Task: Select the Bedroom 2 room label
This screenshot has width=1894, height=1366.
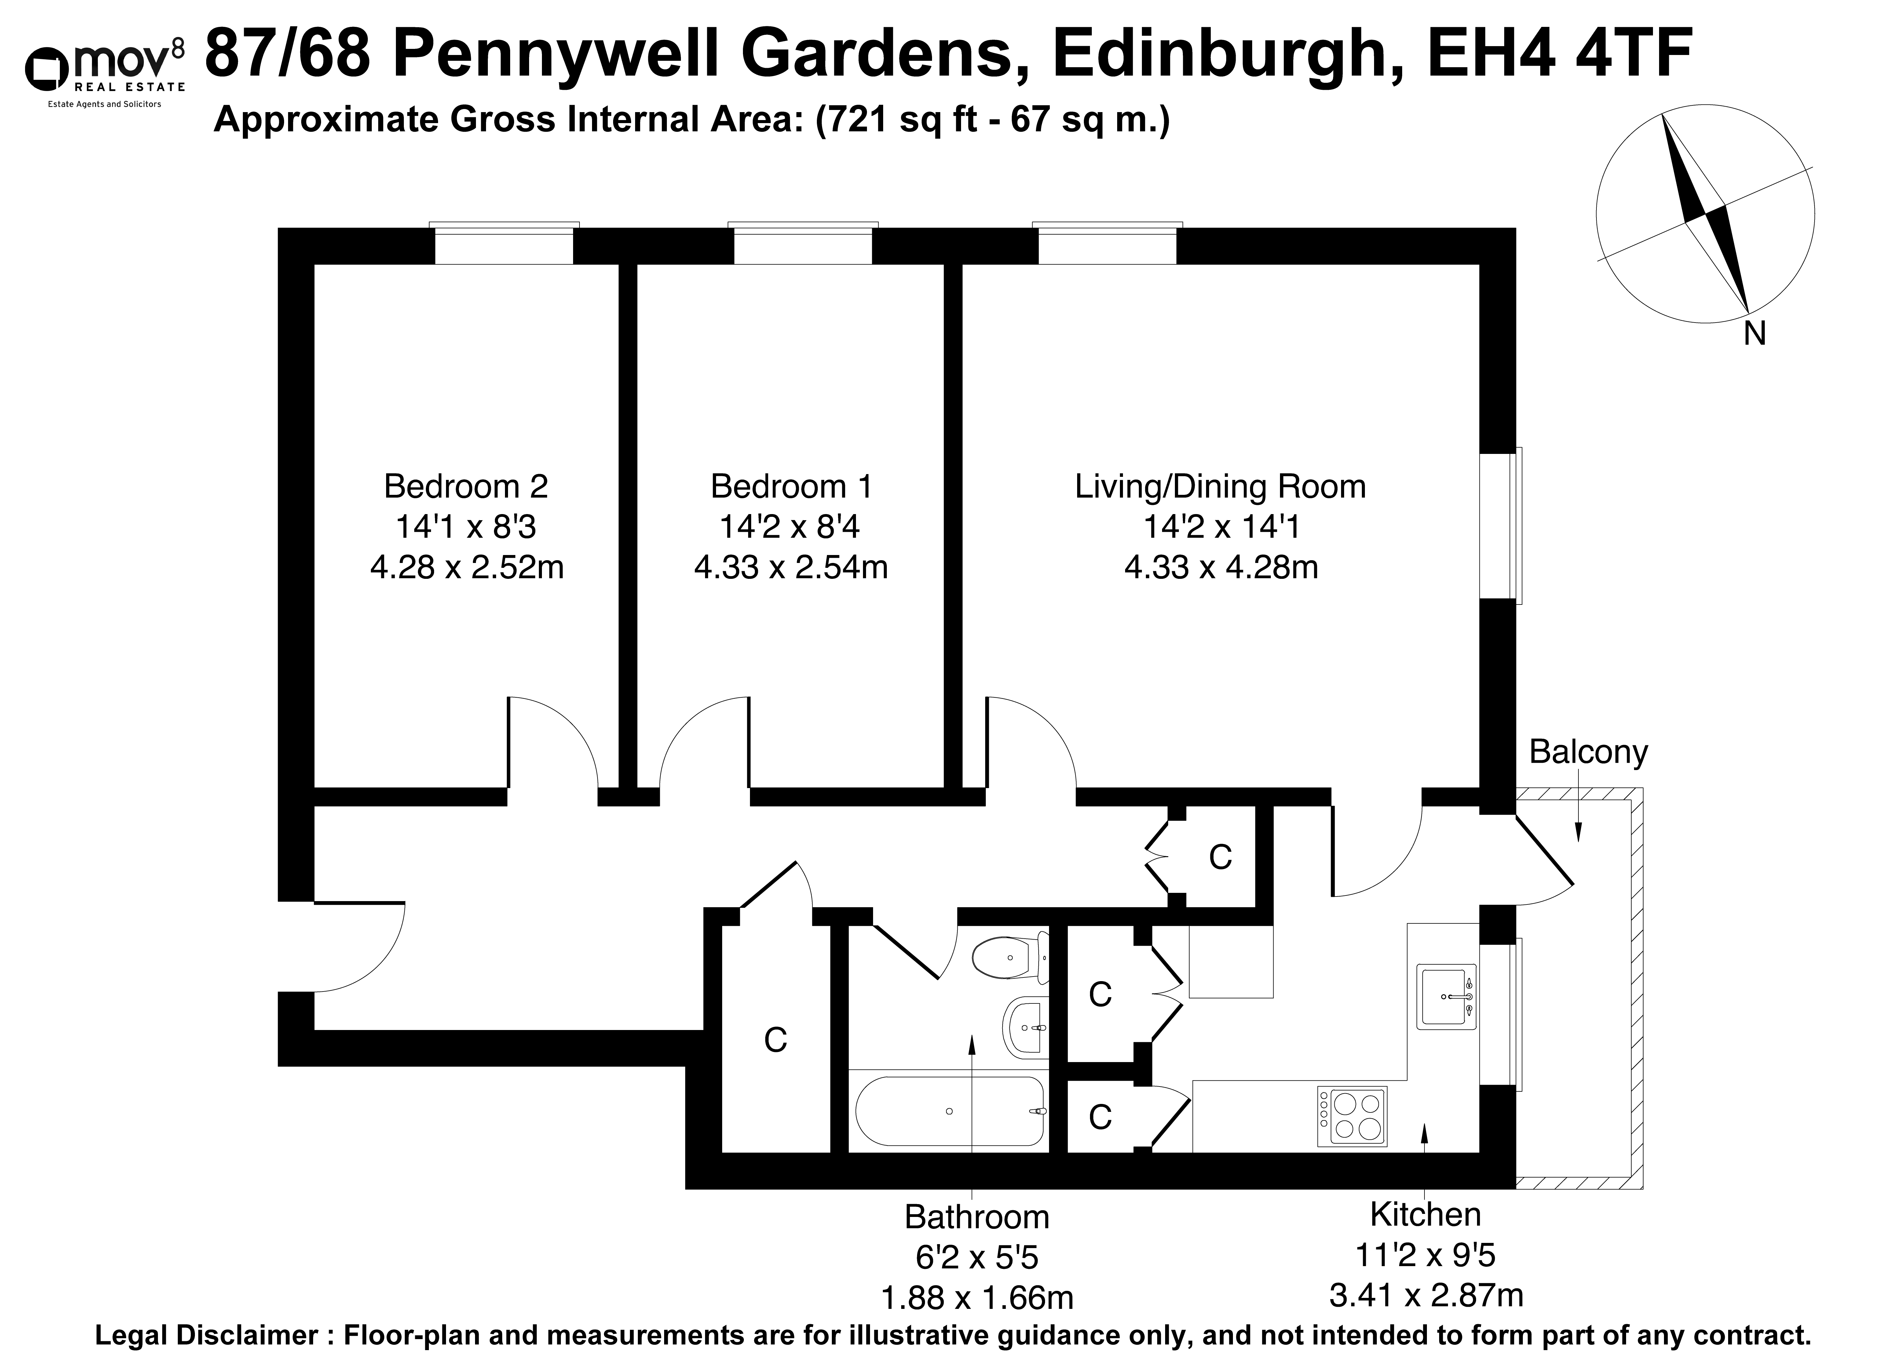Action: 466,486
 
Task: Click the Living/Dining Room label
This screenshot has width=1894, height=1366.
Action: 1220,486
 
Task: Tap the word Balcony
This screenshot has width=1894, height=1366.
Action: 1588,752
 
